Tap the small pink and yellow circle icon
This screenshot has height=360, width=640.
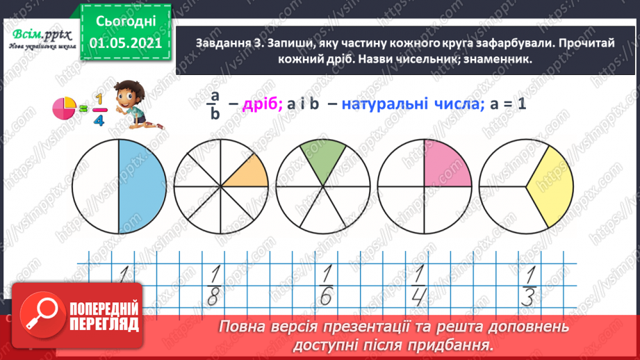coord(64,108)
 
